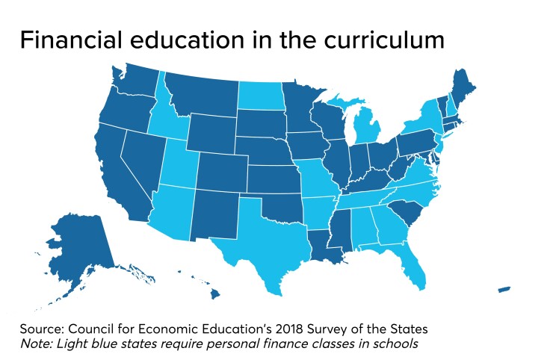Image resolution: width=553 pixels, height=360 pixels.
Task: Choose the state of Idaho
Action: click(x=162, y=120)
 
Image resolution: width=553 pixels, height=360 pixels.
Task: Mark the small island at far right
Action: click(x=504, y=289)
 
